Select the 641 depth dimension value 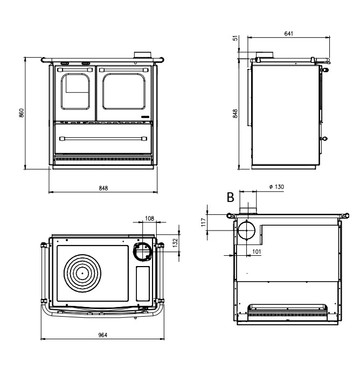coord(289,33)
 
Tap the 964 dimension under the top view coord(102,335)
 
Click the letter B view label coord(231,198)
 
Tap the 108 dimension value coord(150,219)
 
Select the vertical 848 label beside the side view coord(236,114)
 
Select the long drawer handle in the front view coord(102,139)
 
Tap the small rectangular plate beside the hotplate coord(143,283)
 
